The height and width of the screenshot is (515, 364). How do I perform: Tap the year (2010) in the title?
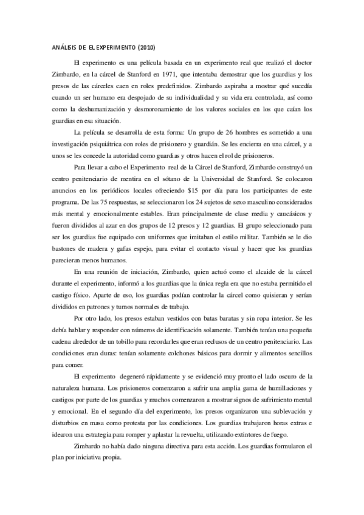151,48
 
